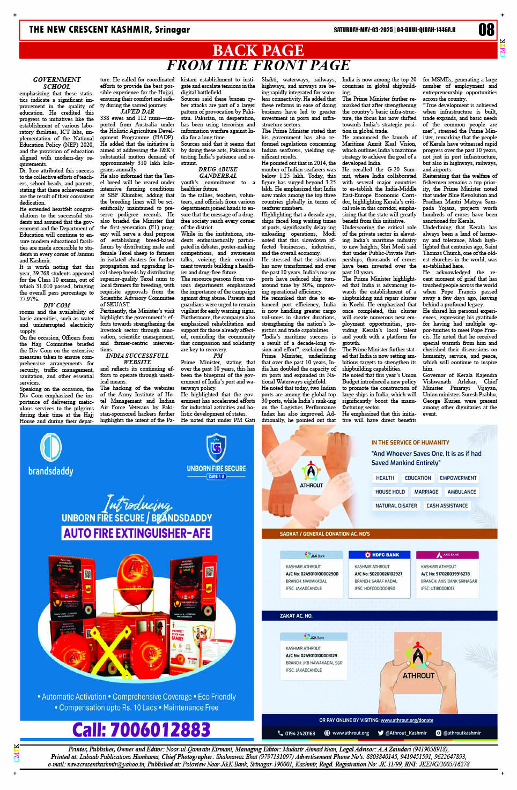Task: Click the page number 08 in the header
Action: [486, 30]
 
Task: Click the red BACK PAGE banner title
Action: [258, 50]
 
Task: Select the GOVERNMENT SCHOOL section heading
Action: [56, 83]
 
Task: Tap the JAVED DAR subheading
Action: [137, 112]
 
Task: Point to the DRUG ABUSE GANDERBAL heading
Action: [218, 172]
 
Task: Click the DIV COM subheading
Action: [56, 305]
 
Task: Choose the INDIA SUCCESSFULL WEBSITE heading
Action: [137, 359]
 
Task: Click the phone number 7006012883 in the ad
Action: [141, 729]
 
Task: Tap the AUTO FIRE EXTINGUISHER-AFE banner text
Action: [137, 533]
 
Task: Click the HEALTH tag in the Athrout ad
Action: [385, 478]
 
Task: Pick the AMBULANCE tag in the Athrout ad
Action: [461, 492]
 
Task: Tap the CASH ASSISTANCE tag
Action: [447, 506]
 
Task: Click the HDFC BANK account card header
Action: [382, 555]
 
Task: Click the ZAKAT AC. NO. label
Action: [296, 616]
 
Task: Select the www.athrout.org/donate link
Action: [407, 720]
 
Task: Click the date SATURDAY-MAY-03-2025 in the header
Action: [363, 30]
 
